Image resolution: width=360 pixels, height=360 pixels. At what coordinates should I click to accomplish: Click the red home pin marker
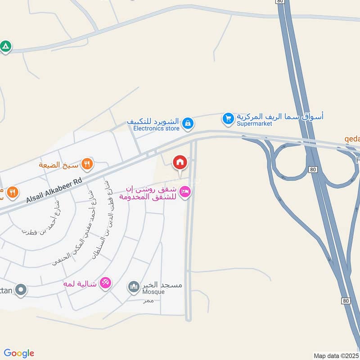pyautogui.click(x=180, y=162)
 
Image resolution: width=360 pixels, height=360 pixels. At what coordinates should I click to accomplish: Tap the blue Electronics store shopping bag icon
pyautogui.click(x=188, y=122)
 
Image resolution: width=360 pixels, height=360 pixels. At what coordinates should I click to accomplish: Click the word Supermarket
pyautogui.click(x=254, y=124)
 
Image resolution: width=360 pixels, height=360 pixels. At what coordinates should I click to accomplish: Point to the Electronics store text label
pyautogui.click(x=156, y=128)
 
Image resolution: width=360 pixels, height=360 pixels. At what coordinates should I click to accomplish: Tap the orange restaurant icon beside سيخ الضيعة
pyautogui.click(x=87, y=164)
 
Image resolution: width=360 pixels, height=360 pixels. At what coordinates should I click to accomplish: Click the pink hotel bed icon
pyautogui.click(x=185, y=192)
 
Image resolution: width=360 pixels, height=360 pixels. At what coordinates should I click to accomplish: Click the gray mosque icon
pyautogui.click(x=133, y=286)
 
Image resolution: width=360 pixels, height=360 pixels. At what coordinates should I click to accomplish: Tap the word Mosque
pyautogui.click(x=153, y=292)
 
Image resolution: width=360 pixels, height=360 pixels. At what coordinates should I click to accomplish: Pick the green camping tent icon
pyautogui.click(x=5, y=46)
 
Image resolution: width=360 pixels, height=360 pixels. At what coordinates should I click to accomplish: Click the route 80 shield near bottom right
pyautogui.click(x=345, y=301)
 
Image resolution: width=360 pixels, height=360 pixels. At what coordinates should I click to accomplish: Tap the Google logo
pyautogui.click(x=19, y=353)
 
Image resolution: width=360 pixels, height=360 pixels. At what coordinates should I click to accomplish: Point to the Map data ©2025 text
pyautogui.click(x=336, y=355)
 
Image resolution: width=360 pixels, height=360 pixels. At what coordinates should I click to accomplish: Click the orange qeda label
pyautogui.click(x=352, y=139)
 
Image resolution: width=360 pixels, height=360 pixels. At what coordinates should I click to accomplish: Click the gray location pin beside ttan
pyautogui.click(x=20, y=290)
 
